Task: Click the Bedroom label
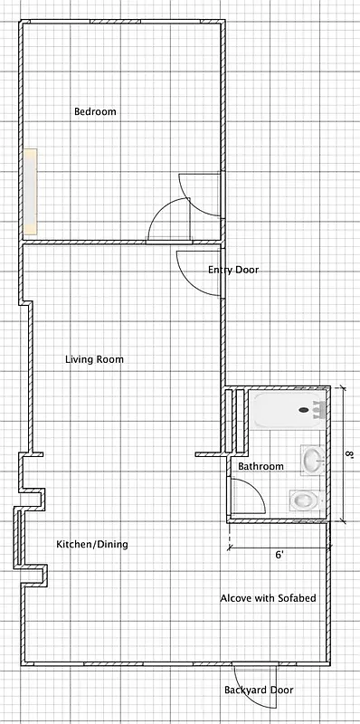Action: tap(95, 111)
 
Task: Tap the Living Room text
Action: tap(94, 359)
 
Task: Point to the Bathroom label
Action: tap(261, 466)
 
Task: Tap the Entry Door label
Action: tap(233, 270)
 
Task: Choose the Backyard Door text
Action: tap(259, 690)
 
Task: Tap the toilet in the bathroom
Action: tap(306, 500)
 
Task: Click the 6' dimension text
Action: tap(279, 555)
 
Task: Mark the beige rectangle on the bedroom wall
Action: tap(32, 191)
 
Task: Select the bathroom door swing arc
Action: tap(250, 494)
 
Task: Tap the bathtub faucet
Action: tap(317, 410)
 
